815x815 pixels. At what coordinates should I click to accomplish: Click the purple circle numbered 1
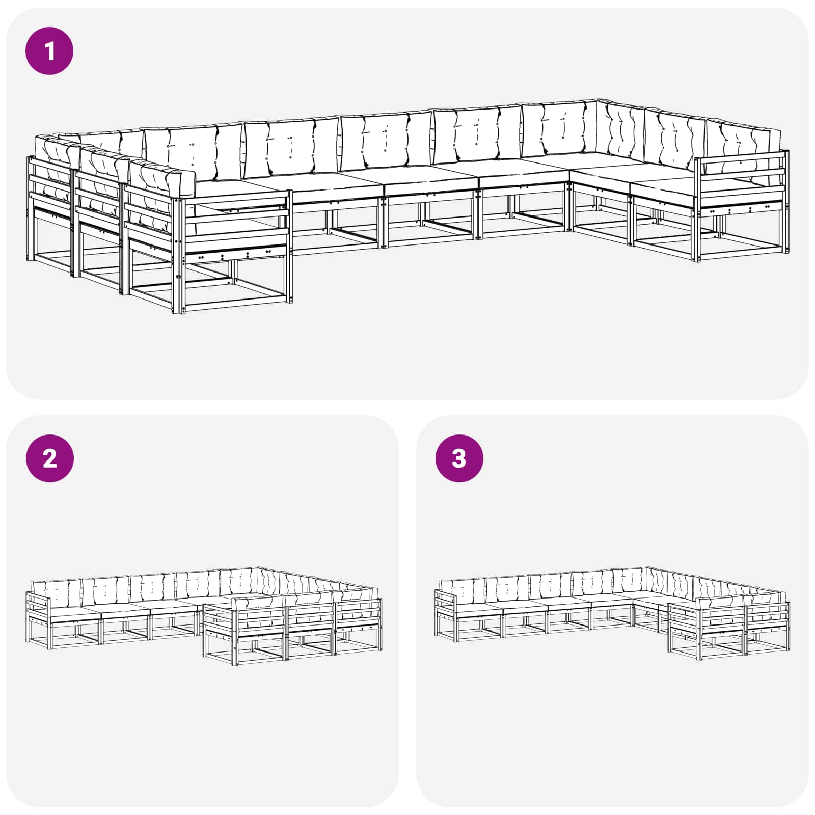[49, 51]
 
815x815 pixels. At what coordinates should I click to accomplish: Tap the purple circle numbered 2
[49, 458]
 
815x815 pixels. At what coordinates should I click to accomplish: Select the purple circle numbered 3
[459, 458]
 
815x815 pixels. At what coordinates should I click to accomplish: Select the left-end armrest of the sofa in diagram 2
[38, 606]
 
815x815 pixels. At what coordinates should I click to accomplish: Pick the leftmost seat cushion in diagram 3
[476, 610]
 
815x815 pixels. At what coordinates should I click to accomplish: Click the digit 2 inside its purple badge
[50, 459]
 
